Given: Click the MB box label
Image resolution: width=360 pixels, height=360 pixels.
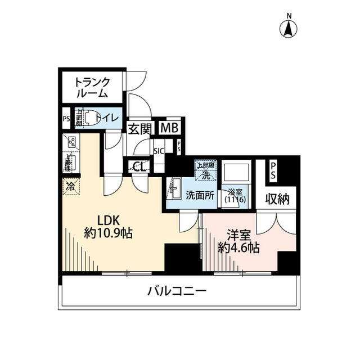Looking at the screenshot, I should [x=169, y=128].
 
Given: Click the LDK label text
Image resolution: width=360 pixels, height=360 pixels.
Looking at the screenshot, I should [x=107, y=220].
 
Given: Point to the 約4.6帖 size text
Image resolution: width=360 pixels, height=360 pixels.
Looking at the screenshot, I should [x=239, y=247].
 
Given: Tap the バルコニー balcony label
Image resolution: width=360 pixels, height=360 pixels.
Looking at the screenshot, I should [x=177, y=291].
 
